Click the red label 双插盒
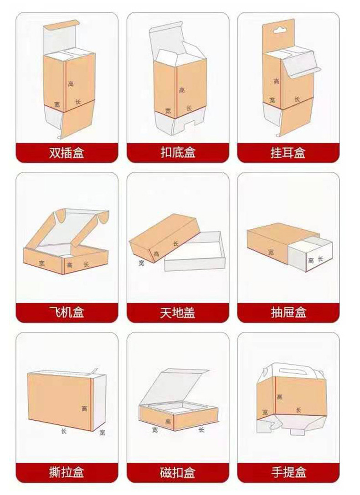click(x=67, y=153)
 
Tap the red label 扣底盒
click(x=178, y=153)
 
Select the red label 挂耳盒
click(x=288, y=153)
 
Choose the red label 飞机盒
click(x=67, y=313)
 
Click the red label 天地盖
click(x=178, y=313)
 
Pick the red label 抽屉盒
click(x=288, y=313)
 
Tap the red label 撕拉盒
click(x=67, y=472)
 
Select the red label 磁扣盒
click(x=178, y=472)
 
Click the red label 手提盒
click(x=288, y=472)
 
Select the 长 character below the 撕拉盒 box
click(x=63, y=431)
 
